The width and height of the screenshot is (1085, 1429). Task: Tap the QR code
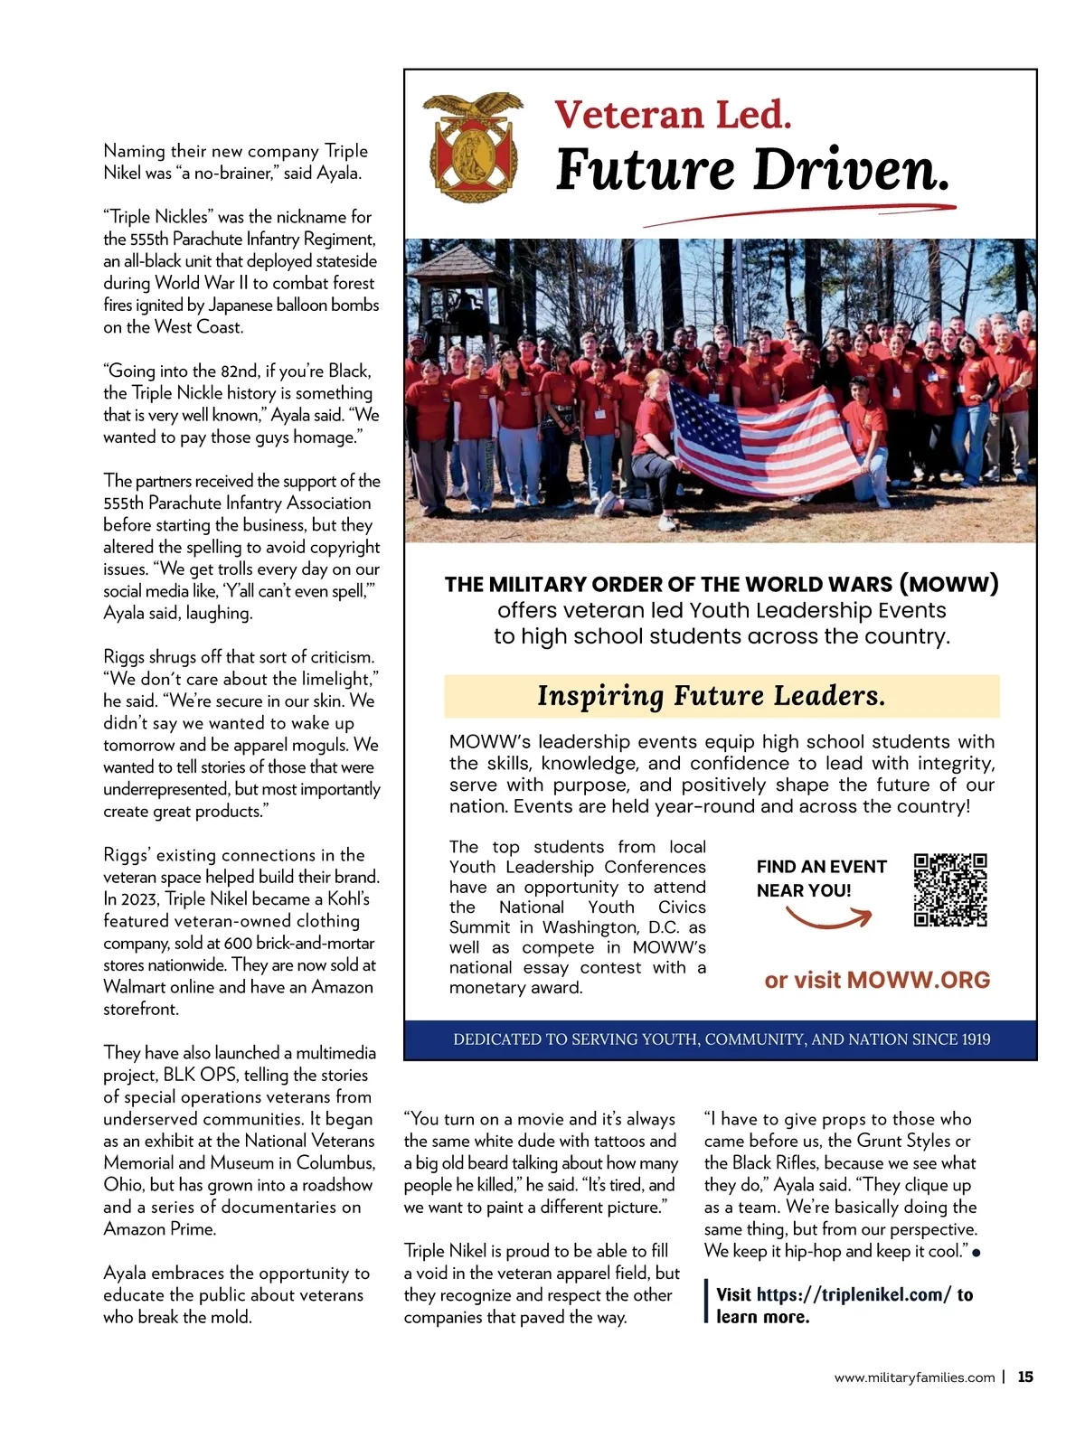[949, 889]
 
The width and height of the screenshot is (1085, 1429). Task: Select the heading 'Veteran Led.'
[673, 115]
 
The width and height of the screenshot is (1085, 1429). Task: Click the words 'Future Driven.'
[752, 169]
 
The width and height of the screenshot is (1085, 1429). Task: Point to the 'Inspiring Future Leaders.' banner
[722, 696]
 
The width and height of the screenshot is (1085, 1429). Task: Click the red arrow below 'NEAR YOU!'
[827, 920]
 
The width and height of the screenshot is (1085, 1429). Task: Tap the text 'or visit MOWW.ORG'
[876, 980]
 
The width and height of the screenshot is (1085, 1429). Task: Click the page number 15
[1024, 1377]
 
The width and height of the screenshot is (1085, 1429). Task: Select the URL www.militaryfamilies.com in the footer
[913, 1377]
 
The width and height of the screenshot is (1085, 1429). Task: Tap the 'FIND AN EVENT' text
[821, 866]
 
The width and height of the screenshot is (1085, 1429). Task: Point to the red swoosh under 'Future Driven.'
[799, 215]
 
